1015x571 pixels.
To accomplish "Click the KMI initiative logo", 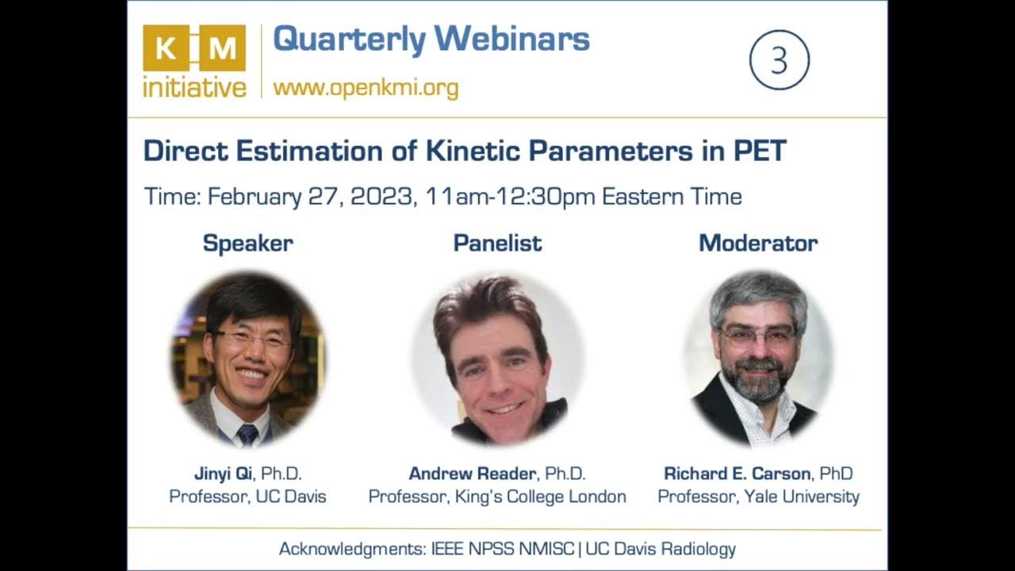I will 194,61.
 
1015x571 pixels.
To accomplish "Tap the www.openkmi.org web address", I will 366,86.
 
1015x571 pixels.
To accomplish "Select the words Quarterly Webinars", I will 431,39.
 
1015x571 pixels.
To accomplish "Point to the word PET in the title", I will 759,151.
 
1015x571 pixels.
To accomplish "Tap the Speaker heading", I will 247,243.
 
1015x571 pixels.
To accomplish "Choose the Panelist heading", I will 497,243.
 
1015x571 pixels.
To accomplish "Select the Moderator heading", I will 757,243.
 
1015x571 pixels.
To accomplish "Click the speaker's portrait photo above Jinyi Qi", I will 247,357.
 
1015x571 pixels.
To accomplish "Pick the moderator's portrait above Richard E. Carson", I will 757,357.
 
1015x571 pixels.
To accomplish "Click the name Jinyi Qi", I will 223,473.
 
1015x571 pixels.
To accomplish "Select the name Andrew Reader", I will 473,473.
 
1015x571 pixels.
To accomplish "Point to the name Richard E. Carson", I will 737,473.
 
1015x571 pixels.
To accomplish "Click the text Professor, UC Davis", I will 247,497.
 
